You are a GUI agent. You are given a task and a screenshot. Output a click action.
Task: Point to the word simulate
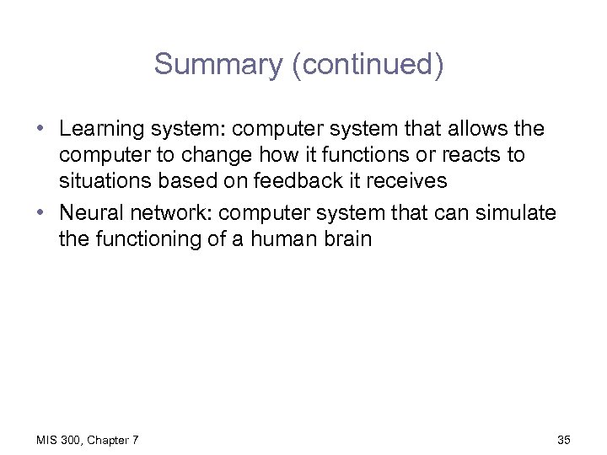click(518, 212)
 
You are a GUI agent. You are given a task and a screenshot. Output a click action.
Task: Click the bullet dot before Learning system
click(40, 131)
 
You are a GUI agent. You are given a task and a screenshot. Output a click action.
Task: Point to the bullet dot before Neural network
click(40, 213)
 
